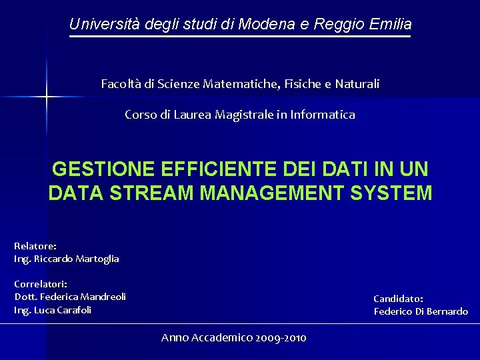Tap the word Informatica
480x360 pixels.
[x=323, y=115]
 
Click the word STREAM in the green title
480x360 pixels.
[x=148, y=193]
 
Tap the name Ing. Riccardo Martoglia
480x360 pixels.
[x=66, y=259]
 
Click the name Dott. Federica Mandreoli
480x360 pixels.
[x=70, y=297]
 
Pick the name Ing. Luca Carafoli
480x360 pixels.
[x=53, y=310]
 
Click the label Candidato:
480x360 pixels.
[x=398, y=299]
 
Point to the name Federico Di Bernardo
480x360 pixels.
[x=421, y=311]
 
